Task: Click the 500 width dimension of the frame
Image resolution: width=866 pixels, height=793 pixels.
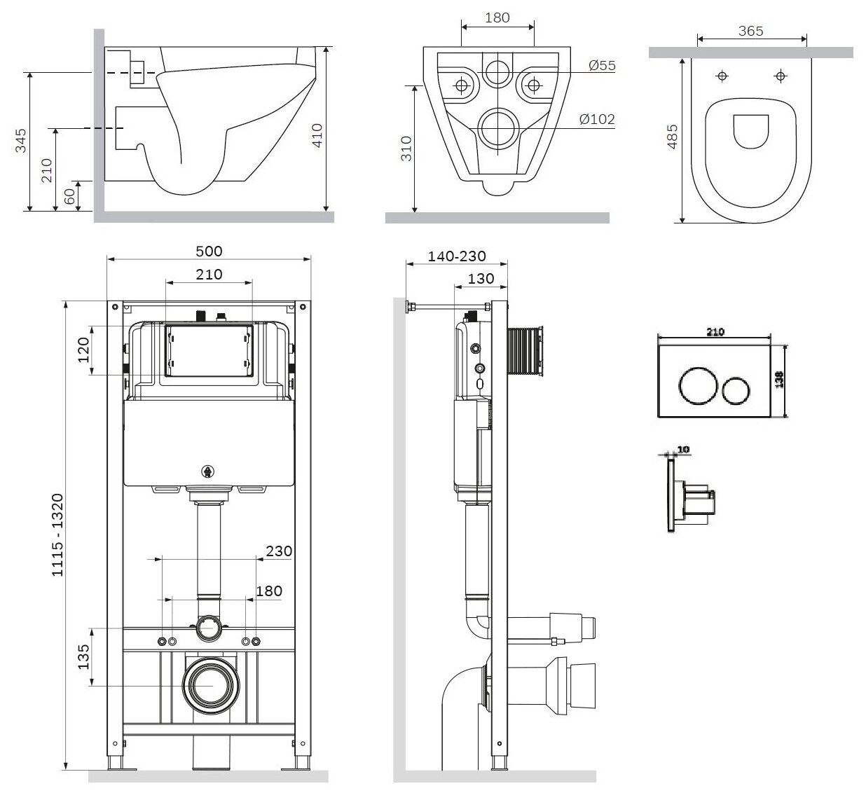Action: click(208, 251)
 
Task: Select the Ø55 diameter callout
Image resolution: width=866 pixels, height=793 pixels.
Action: click(602, 65)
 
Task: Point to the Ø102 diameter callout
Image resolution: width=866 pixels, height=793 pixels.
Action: click(597, 119)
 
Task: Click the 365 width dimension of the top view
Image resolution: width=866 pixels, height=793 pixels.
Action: click(750, 31)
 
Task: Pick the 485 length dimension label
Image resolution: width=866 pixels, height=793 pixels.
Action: click(672, 137)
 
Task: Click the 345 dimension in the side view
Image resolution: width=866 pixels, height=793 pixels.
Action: click(20, 140)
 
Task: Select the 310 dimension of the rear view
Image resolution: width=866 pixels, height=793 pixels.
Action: click(406, 149)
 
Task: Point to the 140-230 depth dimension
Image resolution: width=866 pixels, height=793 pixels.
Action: click(457, 257)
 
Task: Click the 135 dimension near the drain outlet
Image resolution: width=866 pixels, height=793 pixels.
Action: click(83, 657)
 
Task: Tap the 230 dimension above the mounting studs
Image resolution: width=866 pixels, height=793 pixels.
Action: click(279, 551)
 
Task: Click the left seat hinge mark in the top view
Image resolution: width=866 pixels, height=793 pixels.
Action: click(722, 76)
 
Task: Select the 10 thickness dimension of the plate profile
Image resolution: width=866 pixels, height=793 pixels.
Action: click(684, 449)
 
